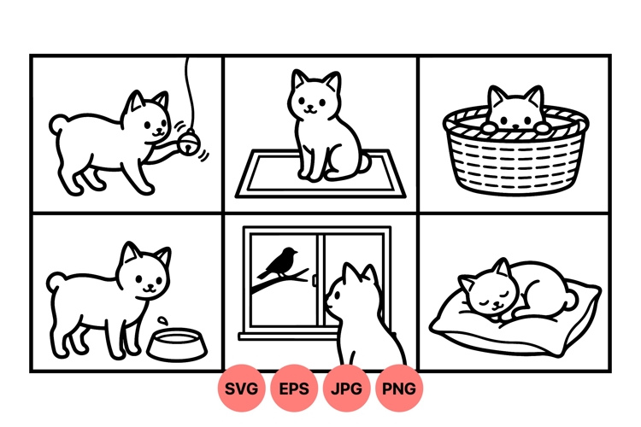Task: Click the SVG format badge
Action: pyautogui.click(x=243, y=389)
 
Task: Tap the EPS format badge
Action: pyautogui.click(x=295, y=389)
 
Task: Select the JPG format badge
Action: pyautogui.click(x=347, y=389)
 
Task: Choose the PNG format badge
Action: pyautogui.click(x=399, y=389)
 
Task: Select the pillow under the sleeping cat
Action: pyautogui.click(x=513, y=325)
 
